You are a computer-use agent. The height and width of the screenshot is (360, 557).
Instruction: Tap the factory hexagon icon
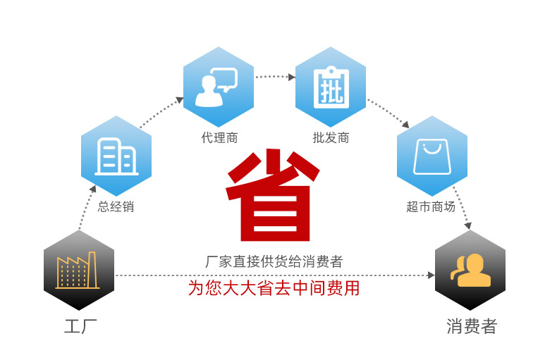point(78,270)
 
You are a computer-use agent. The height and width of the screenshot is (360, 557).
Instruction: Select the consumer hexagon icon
point(470,270)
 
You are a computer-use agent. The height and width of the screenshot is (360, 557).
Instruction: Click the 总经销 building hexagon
point(116,156)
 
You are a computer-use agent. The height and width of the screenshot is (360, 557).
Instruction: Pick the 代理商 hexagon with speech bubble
point(218,87)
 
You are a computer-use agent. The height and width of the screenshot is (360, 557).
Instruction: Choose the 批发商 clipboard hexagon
point(331,87)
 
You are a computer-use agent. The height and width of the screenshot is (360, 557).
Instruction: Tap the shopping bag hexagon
point(431,156)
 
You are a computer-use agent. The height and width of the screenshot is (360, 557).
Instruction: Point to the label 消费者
point(472,327)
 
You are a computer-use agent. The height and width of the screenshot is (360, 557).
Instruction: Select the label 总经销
point(116,207)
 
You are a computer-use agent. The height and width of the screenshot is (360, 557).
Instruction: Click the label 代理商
point(219,138)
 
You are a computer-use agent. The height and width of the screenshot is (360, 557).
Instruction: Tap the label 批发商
point(331,138)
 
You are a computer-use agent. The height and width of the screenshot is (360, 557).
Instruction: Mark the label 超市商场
point(431,207)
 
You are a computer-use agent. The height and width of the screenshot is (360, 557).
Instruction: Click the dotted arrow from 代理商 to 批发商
point(274,75)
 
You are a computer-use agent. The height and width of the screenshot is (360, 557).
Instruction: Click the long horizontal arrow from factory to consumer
point(275,275)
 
